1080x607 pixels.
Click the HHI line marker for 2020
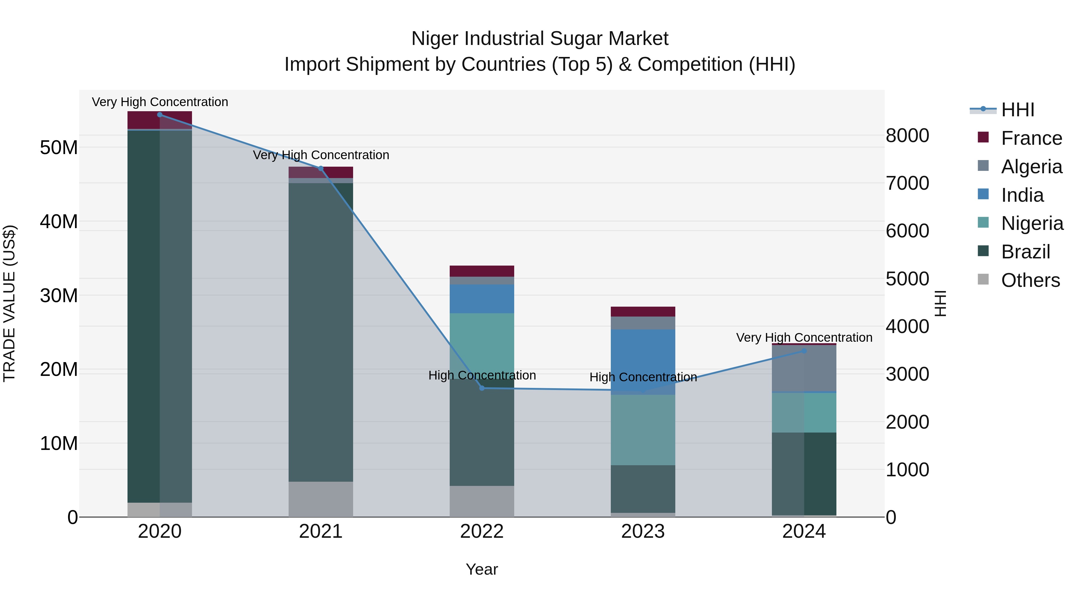click(x=160, y=115)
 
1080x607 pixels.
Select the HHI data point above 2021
click(x=321, y=168)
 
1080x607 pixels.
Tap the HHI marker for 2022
click(x=482, y=388)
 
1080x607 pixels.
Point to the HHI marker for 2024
click(x=804, y=351)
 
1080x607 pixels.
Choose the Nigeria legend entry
click(x=1032, y=223)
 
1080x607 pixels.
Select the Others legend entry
click(x=1030, y=280)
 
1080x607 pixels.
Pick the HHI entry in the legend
click(x=1018, y=110)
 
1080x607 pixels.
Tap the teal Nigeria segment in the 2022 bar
click(x=482, y=341)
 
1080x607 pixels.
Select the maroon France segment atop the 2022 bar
click(x=482, y=271)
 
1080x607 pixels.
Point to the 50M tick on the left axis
click(x=59, y=147)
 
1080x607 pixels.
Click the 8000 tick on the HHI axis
click(x=907, y=136)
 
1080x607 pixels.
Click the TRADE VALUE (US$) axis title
click(x=9, y=303)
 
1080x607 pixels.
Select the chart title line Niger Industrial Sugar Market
click(x=540, y=39)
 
